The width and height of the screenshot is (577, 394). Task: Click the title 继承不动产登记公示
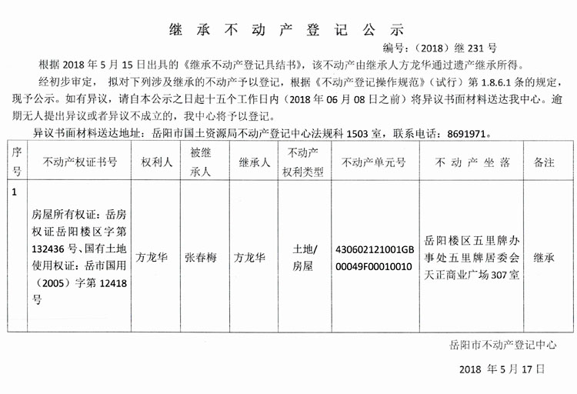tap(286, 31)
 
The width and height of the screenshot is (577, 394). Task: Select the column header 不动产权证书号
tap(81, 162)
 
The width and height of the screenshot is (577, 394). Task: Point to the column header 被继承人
tap(200, 162)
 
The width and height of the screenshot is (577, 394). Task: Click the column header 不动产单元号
tap(374, 162)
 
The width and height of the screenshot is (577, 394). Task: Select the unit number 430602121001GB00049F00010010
tap(374, 258)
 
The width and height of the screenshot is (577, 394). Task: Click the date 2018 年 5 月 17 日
tap(502, 370)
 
